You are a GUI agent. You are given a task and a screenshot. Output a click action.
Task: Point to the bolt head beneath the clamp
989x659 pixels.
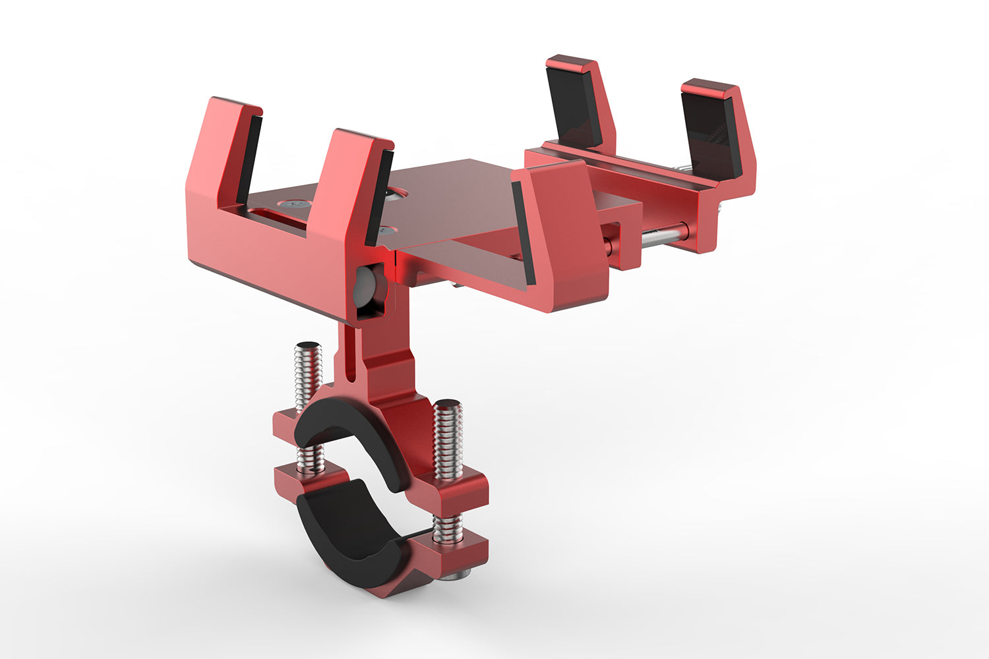tap(454, 575)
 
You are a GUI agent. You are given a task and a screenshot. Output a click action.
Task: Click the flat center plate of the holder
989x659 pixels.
tap(455, 198)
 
